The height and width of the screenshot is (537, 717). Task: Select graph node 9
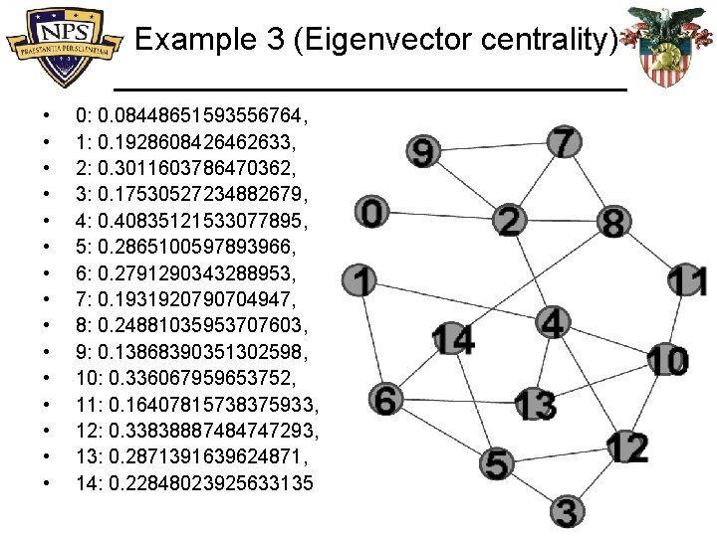pyautogui.click(x=424, y=152)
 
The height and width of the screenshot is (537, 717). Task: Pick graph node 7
pyautogui.click(x=565, y=141)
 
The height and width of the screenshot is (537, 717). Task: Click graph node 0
pyautogui.click(x=372, y=211)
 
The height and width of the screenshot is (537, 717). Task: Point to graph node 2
pyautogui.click(x=510, y=220)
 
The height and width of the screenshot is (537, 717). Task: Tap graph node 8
pyautogui.click(x=614, y=221)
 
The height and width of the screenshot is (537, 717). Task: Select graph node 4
pyautogui.click(x=553, y=322)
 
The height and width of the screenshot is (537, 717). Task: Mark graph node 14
pyautogui.click(x=453, y=339)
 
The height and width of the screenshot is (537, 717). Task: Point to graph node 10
pyautogui.click(x=667, y=360)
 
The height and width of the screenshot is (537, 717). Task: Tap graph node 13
pyautogui.click(x=536, y=404)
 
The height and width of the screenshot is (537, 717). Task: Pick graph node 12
pyautogui.click(x=628, y=447)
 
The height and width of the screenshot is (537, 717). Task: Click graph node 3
pyautogui.click(x=566, y=511)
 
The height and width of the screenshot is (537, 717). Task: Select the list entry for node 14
pyautogui.click(x=194, y=483)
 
